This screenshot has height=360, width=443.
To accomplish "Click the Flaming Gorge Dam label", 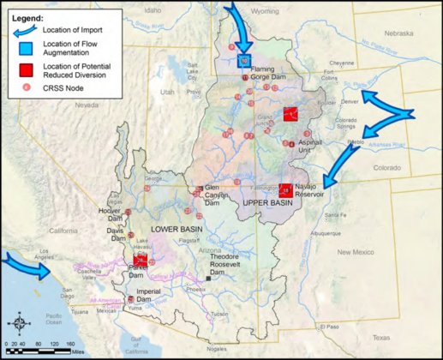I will click(267, 70).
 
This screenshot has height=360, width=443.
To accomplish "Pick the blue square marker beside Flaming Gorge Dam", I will click(245, 62).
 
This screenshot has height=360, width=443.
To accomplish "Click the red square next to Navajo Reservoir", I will click(285, 190).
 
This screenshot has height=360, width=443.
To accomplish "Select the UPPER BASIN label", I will click(268, 202).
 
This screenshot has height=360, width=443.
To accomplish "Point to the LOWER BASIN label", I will click(176, 230).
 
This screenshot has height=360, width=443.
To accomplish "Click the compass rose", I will click(19, 325).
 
